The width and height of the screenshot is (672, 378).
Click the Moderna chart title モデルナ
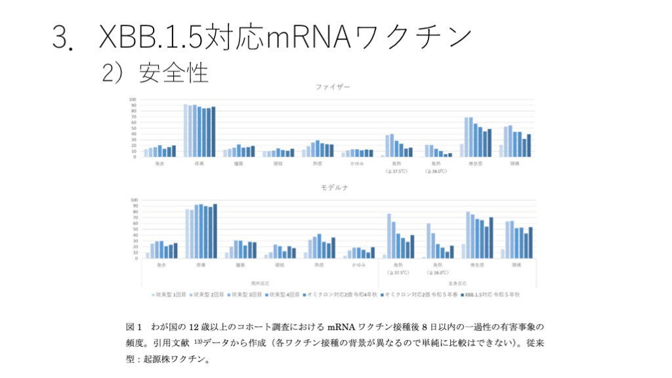[333, 188]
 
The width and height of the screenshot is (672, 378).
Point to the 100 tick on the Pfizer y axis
[133, 99]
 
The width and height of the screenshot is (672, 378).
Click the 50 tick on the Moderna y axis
[134, 229]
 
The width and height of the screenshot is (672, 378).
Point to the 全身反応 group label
[457, 282]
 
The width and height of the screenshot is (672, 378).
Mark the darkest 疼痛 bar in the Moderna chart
[215, 231]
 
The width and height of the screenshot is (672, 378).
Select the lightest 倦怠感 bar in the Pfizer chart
[462, 150]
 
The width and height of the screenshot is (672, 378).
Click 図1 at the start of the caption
[133, 327]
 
